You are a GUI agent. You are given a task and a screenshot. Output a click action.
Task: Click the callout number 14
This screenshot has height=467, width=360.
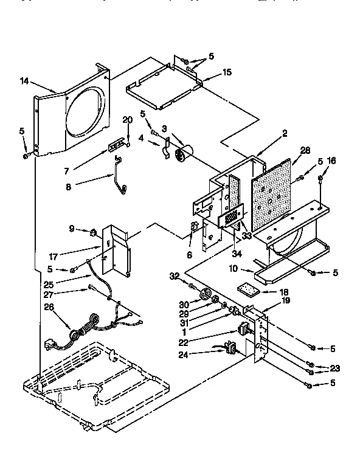point(25,80)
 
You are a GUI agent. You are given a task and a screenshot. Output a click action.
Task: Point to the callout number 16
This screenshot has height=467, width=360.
point(331,161)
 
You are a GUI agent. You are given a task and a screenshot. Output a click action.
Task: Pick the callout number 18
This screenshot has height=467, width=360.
point(284,292)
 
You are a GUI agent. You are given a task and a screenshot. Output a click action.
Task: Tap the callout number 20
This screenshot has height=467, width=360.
point(127,119)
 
